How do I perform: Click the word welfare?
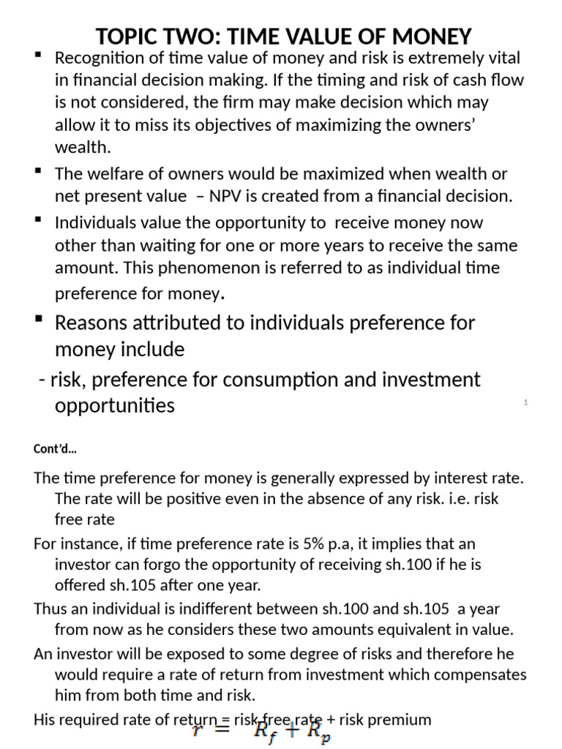tap(113, 174)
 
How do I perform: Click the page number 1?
tap(525, 403)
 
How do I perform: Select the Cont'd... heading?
tap(56, 449)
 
